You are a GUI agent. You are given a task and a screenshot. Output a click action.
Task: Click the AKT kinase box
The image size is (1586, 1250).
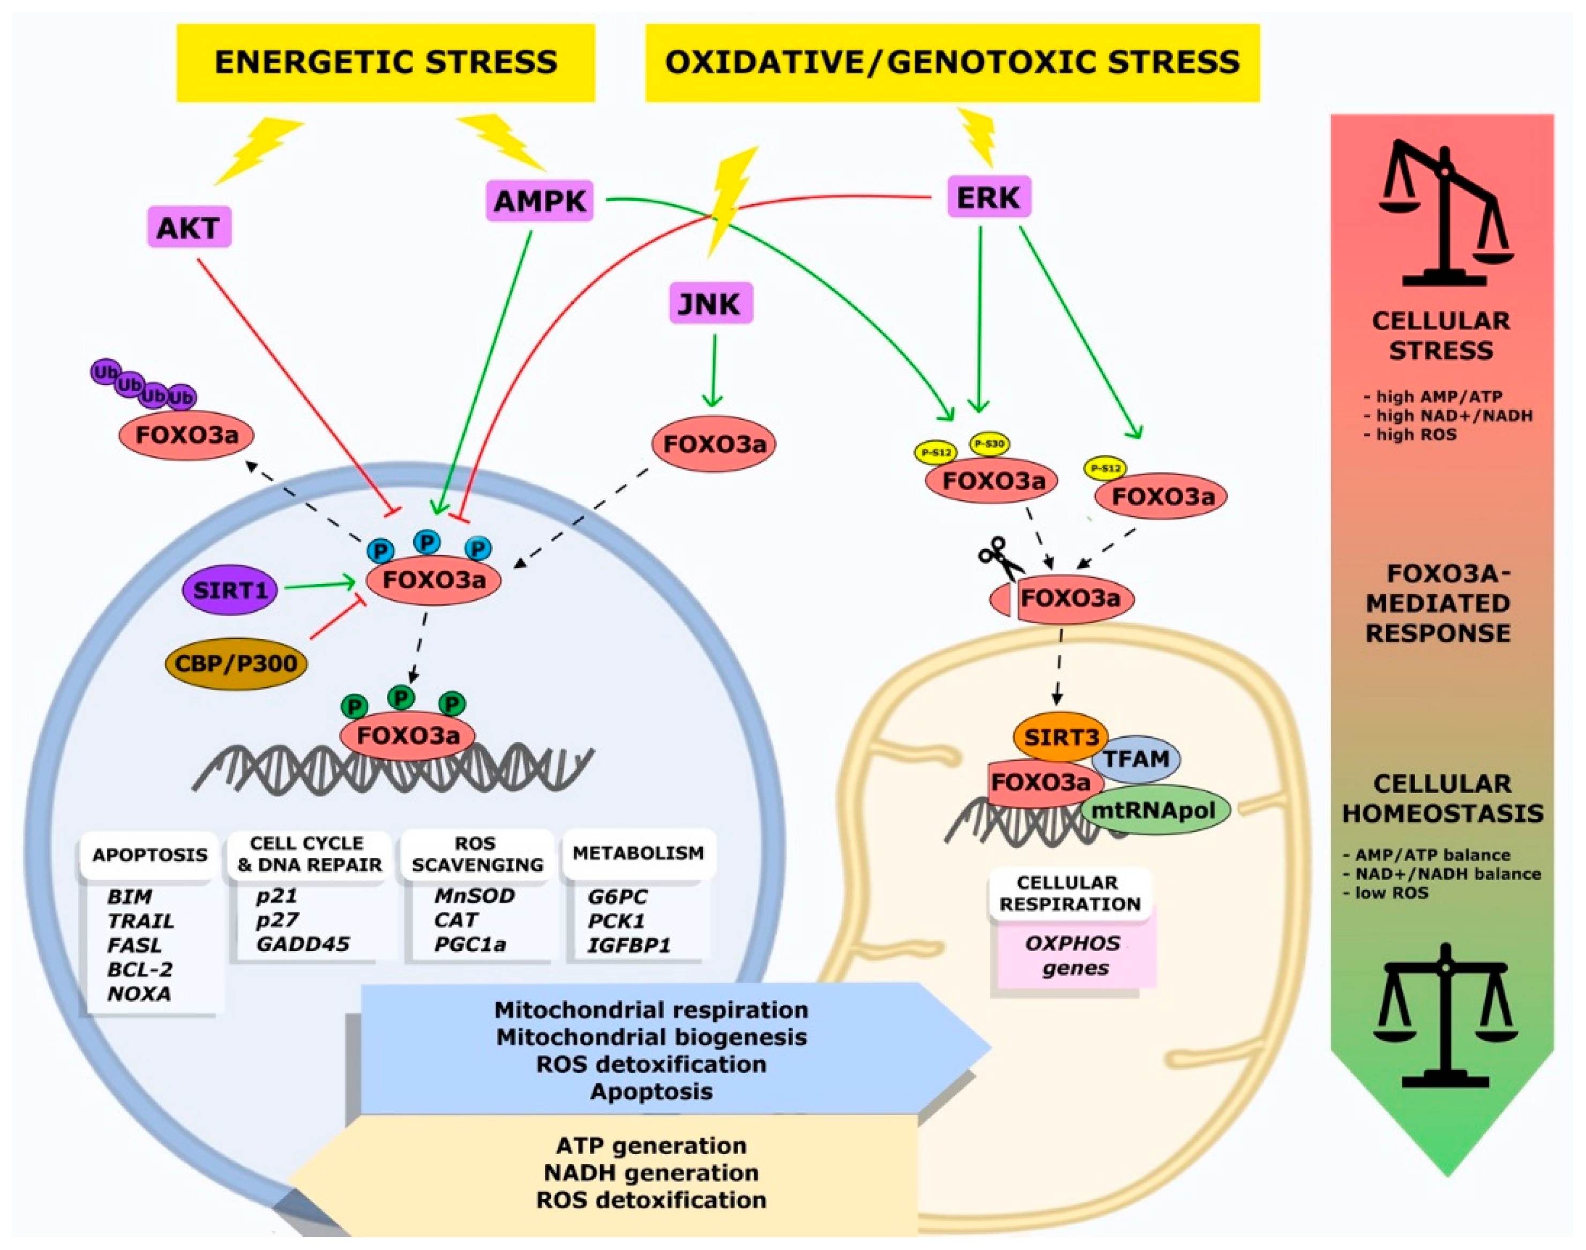pos(189,228)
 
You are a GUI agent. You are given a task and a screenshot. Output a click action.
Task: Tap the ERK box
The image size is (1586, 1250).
pos(988,197)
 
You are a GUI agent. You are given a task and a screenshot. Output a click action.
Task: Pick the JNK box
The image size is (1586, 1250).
pos(710,303)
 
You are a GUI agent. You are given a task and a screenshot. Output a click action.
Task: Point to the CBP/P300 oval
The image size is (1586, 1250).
pos(236,663)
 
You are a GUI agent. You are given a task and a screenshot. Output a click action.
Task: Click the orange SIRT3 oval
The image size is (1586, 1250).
pos(1060,736)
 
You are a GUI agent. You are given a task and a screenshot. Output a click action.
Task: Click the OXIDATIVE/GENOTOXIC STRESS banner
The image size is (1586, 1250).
pos(952,63)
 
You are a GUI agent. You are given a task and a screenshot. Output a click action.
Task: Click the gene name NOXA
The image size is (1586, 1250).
pos(139,994)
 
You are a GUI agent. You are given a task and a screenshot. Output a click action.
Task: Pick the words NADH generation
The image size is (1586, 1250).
pos(650,1172)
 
